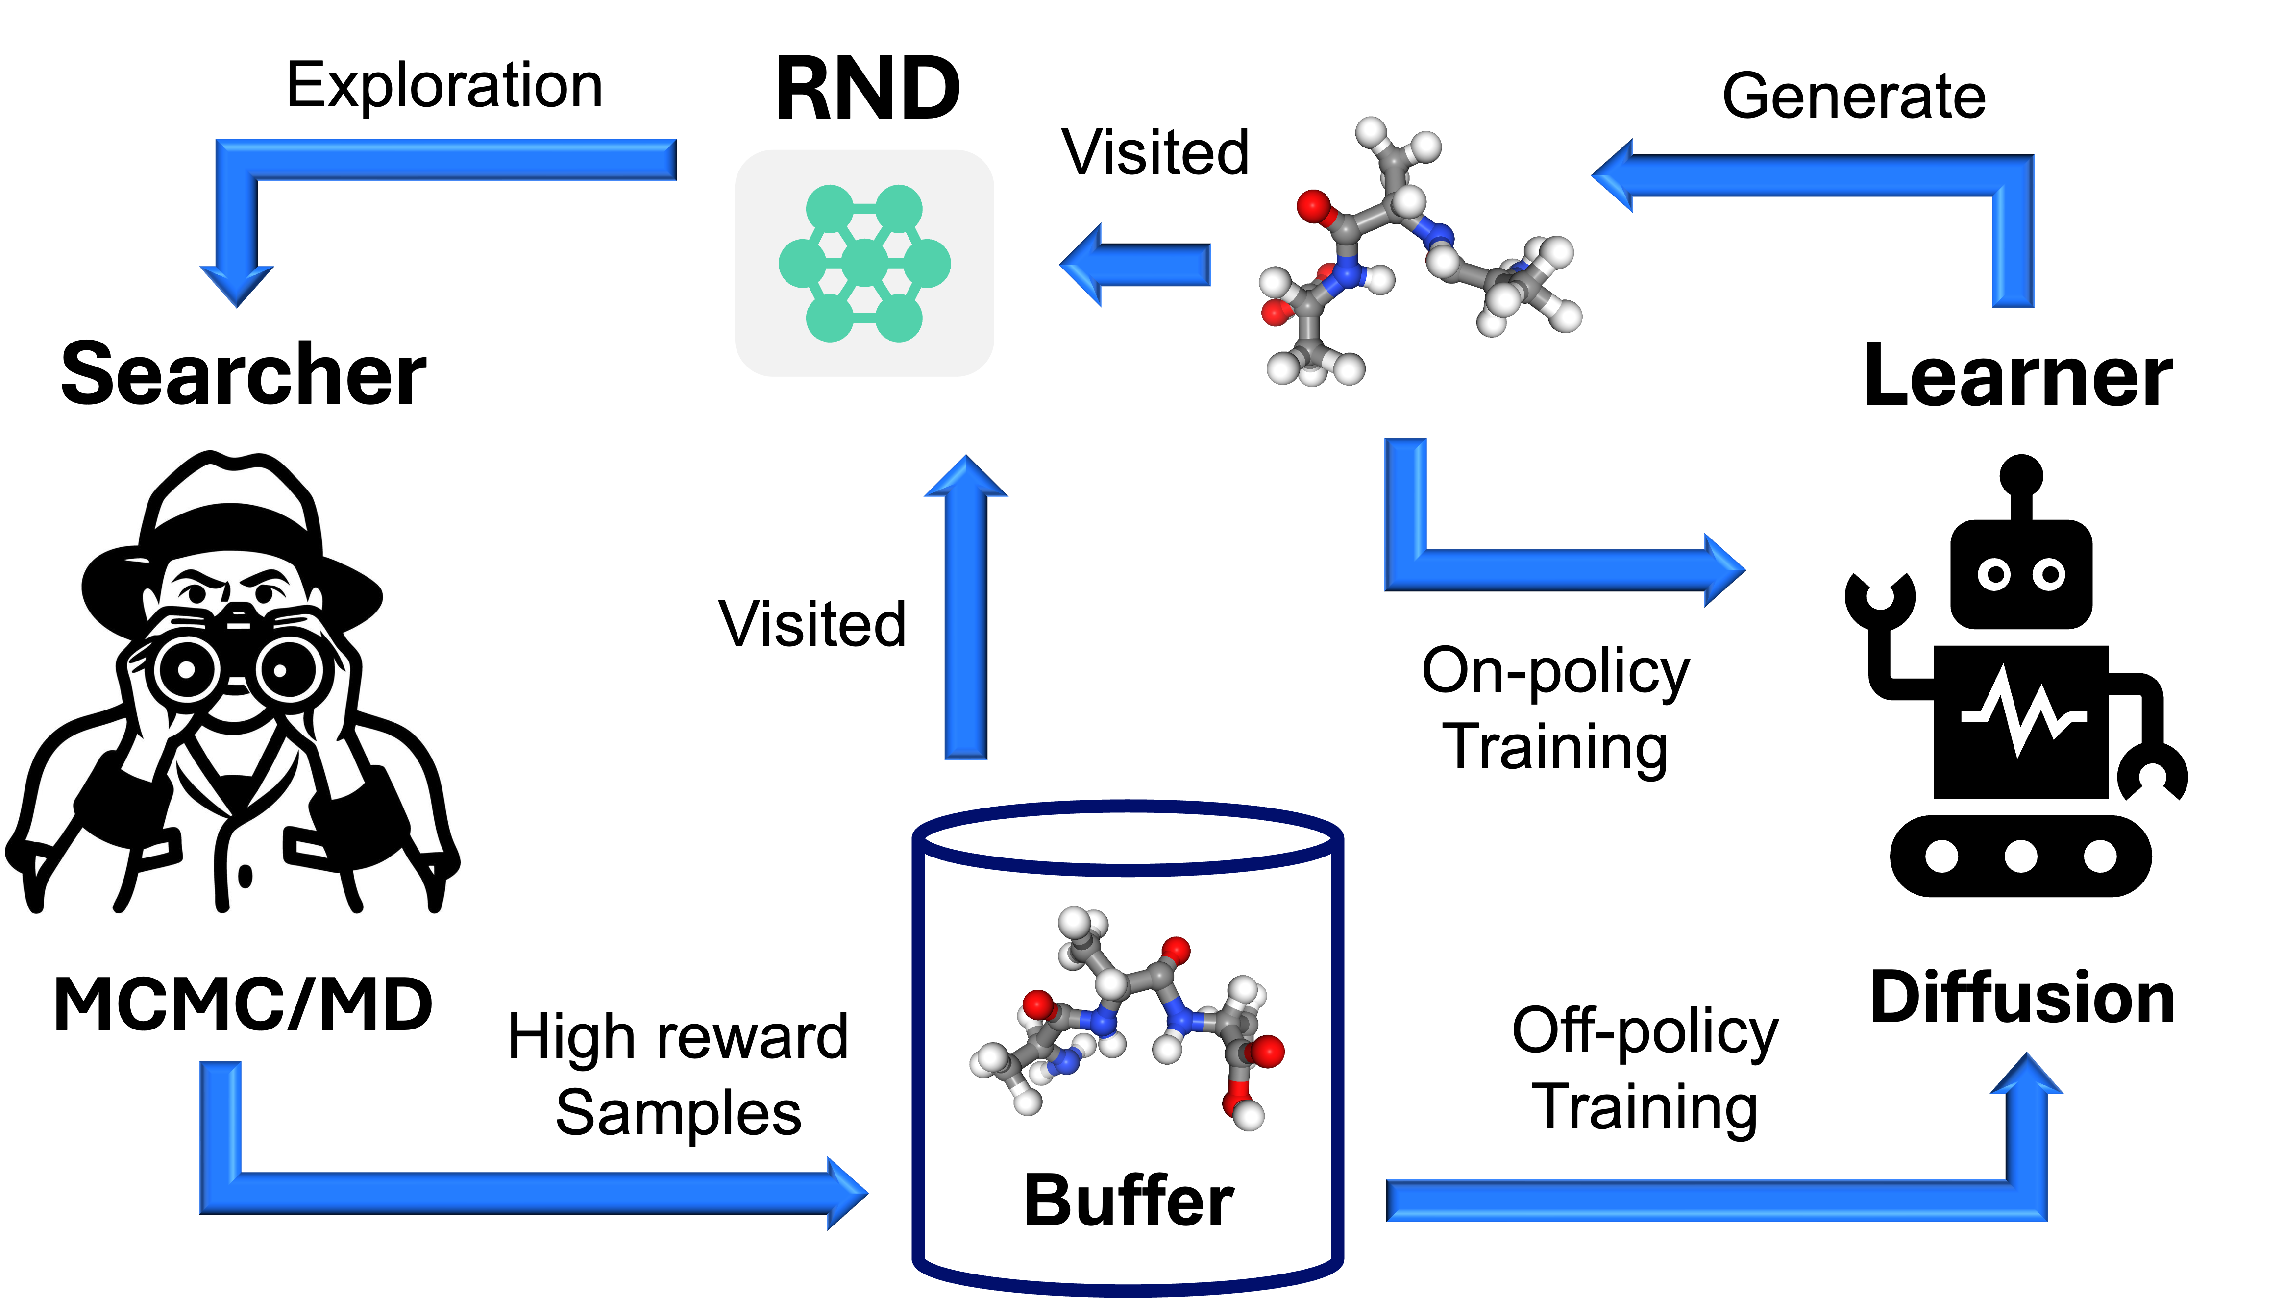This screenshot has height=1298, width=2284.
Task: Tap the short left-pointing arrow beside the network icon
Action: click(1137, 265)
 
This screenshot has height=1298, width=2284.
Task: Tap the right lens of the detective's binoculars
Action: click(281, 669)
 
